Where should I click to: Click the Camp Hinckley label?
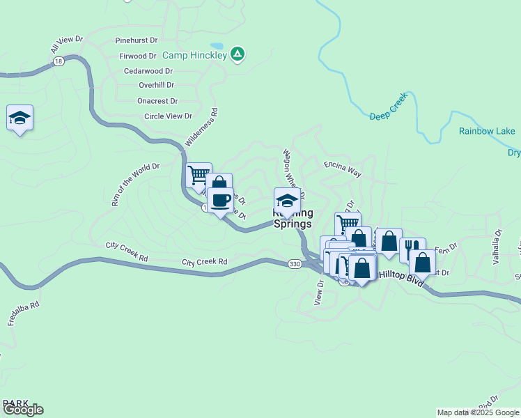click(194, 55)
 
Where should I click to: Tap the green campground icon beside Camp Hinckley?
click(238, 54)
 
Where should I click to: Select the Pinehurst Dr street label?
click(137, 41)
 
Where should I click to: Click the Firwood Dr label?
click(138, 56)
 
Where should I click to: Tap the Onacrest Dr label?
click(157, 100)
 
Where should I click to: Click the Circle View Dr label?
click(168, 116)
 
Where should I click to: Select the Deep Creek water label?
click(387, 111)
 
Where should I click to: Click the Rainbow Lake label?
click(487, 131)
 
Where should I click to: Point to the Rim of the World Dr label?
click(135, 185)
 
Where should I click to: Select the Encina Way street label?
click(343, 169)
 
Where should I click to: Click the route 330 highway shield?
click(295, 263)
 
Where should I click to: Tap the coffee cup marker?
click(220, 201)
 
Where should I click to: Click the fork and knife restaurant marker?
click(411, 247)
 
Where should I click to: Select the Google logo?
click(23, 410)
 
